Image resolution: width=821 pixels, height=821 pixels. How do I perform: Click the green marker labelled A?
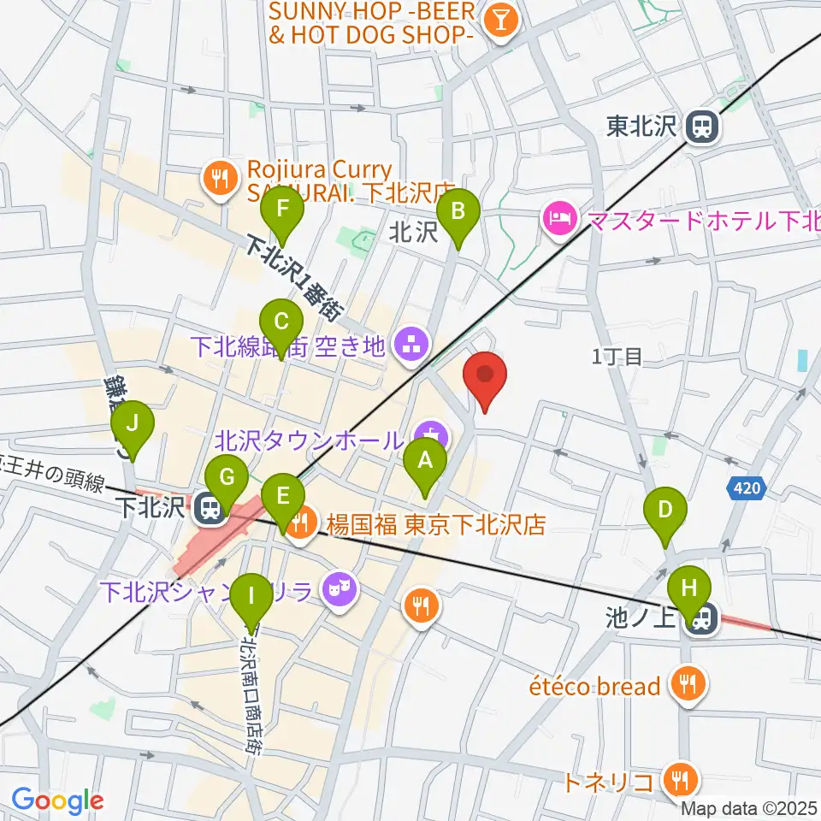[425, 464]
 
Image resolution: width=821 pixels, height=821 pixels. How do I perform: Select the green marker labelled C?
[283, 323]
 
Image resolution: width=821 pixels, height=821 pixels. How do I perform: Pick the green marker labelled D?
[665, 513]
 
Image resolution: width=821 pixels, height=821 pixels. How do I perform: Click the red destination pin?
[485, 377]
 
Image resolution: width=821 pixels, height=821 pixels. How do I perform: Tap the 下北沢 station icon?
[208, 511]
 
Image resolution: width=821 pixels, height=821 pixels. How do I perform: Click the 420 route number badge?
[745, 488]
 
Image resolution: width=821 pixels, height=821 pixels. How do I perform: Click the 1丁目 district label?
[617, 357]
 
